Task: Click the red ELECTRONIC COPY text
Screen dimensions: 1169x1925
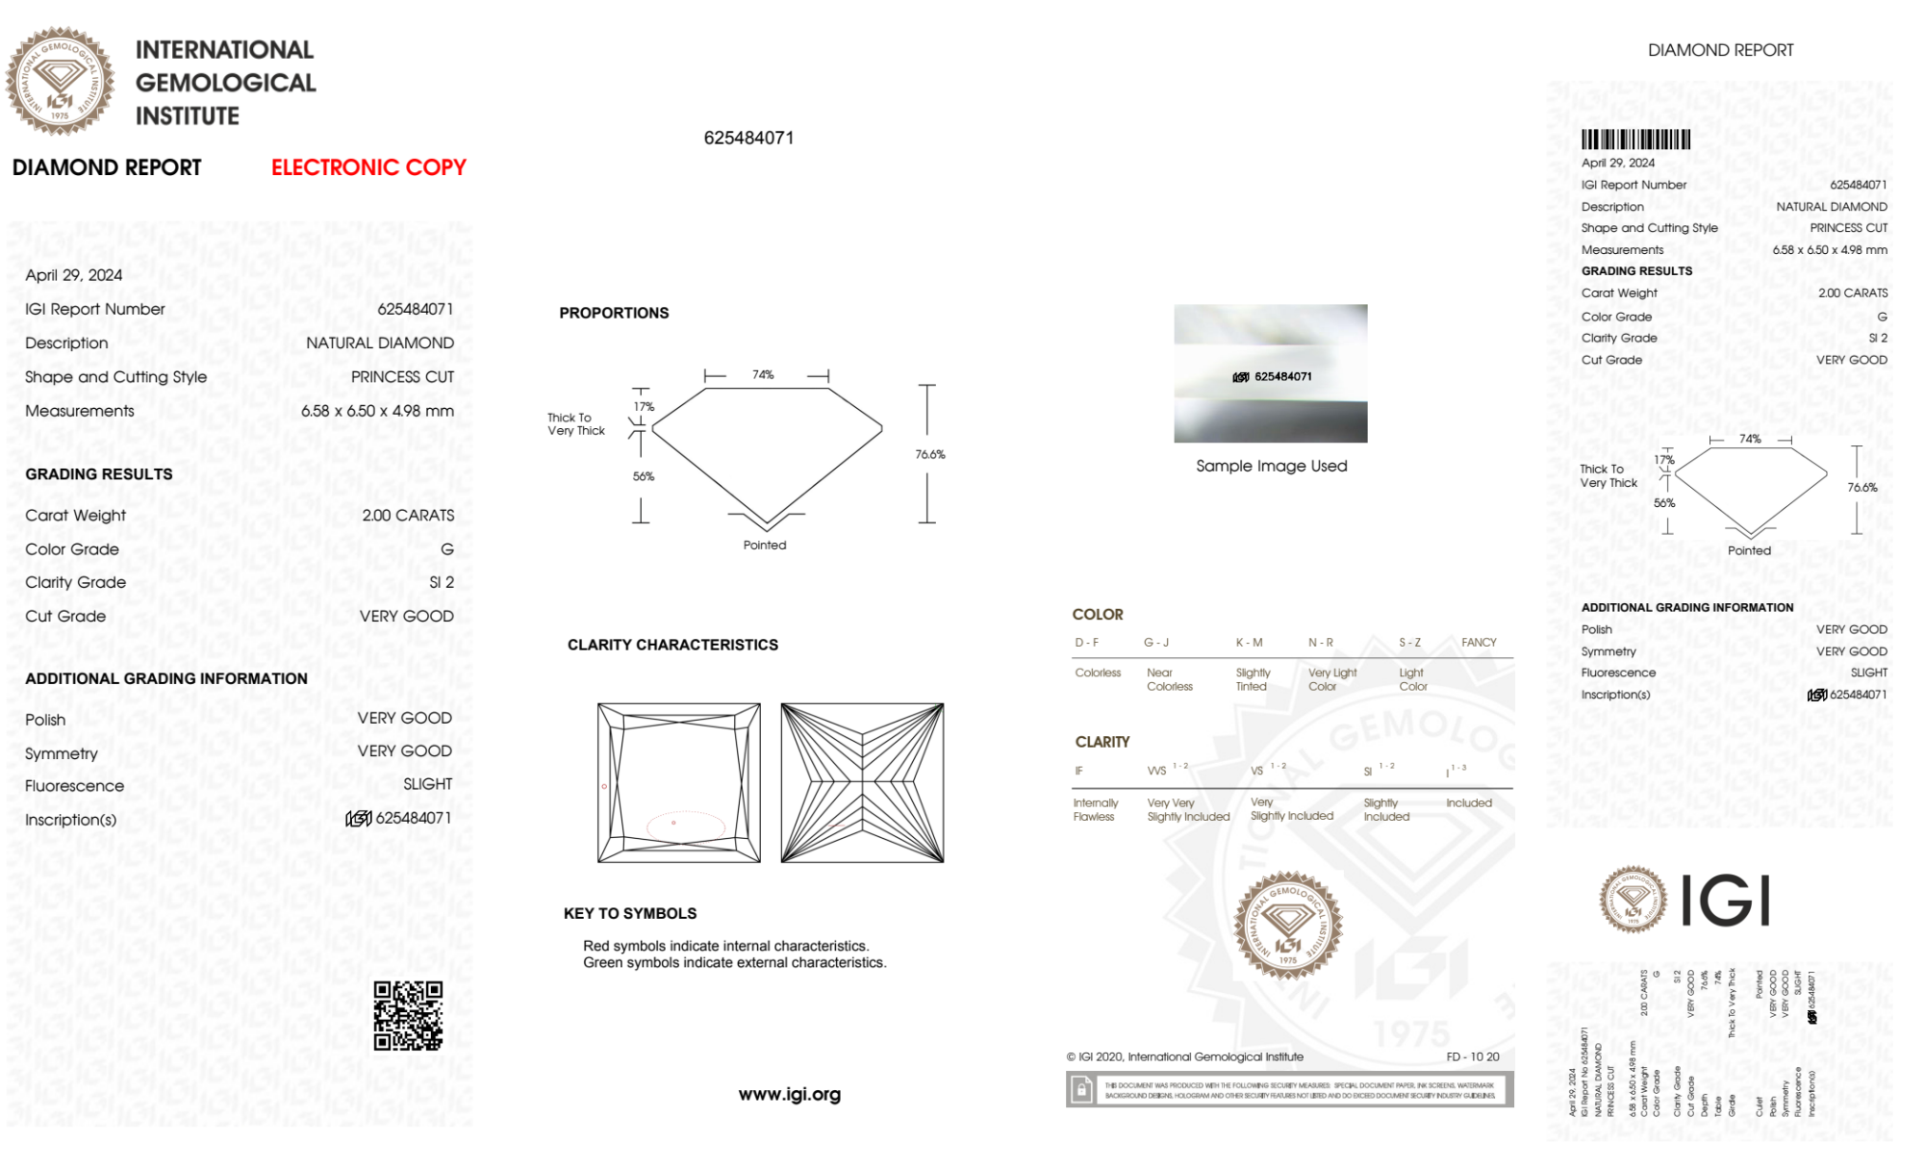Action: coord(368,167)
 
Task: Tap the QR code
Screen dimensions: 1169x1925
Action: coord(408,1016)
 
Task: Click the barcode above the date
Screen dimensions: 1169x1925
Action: coord(1635,140)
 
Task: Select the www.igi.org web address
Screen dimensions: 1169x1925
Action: coord(789,1094)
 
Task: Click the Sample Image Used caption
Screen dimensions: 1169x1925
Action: coord(1271,466)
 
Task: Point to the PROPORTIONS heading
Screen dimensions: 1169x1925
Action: coord(614,313)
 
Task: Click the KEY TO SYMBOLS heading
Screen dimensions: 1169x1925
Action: coord(630,913)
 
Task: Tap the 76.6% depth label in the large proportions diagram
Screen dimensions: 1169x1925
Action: coord(929,454)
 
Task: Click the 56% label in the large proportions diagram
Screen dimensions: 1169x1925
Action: coord(643,476)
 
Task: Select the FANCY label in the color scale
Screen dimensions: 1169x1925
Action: coord(1479,642)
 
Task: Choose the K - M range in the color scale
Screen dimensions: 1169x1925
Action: coord(1249,642)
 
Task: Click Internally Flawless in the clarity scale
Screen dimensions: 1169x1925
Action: coord(1095,809)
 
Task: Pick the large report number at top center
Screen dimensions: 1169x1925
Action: coord(748,138)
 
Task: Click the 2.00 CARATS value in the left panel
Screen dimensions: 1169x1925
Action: coord(408,516)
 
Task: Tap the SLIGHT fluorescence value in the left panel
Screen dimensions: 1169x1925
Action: coord(427,784)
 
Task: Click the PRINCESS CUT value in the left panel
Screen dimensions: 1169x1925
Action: coord(402,377)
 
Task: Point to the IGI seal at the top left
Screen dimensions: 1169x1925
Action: coord(60,81)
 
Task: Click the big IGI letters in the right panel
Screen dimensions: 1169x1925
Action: coord(1726,901)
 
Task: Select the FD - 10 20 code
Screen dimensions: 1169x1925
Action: coord(1472,1056)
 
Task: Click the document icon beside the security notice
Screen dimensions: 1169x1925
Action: coord(1081,1090)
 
